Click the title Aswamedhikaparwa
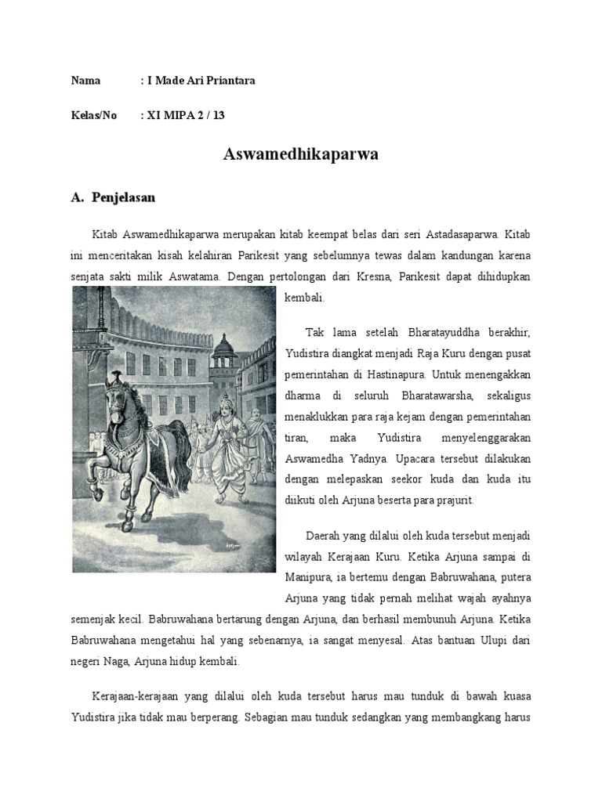(x=300, y=155)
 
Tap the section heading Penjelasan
(x=123, y=197)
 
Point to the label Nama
(x=85, y=81)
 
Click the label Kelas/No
(x=94, y=115)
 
